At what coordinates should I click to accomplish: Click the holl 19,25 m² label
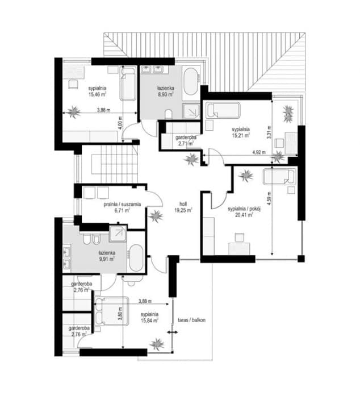coord(183,207)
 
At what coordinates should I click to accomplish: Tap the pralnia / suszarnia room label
coord(122,204)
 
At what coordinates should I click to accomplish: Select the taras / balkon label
coord(192,320)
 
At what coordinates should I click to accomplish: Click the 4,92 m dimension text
coord(259,152)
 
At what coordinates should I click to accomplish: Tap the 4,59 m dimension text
coord(269,198)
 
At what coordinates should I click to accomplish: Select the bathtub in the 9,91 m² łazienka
coord(136,258)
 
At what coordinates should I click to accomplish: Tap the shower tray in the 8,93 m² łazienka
coord(191,111)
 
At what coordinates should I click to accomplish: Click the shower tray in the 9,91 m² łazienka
coord(118,234)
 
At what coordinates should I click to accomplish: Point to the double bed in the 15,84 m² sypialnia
coord(111,311)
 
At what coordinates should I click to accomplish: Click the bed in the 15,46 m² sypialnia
coord(128,84)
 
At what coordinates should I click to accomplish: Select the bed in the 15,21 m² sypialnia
coord(223,110)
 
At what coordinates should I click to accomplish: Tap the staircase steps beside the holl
coord(115,164)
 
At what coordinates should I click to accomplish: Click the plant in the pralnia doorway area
coord(156,216)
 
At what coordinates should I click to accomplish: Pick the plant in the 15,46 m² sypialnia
coord(74,112)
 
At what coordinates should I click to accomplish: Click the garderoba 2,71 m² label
coord(185,140)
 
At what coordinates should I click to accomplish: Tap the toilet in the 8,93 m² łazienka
coord(169,114)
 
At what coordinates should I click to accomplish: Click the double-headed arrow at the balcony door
coord(173,332)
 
